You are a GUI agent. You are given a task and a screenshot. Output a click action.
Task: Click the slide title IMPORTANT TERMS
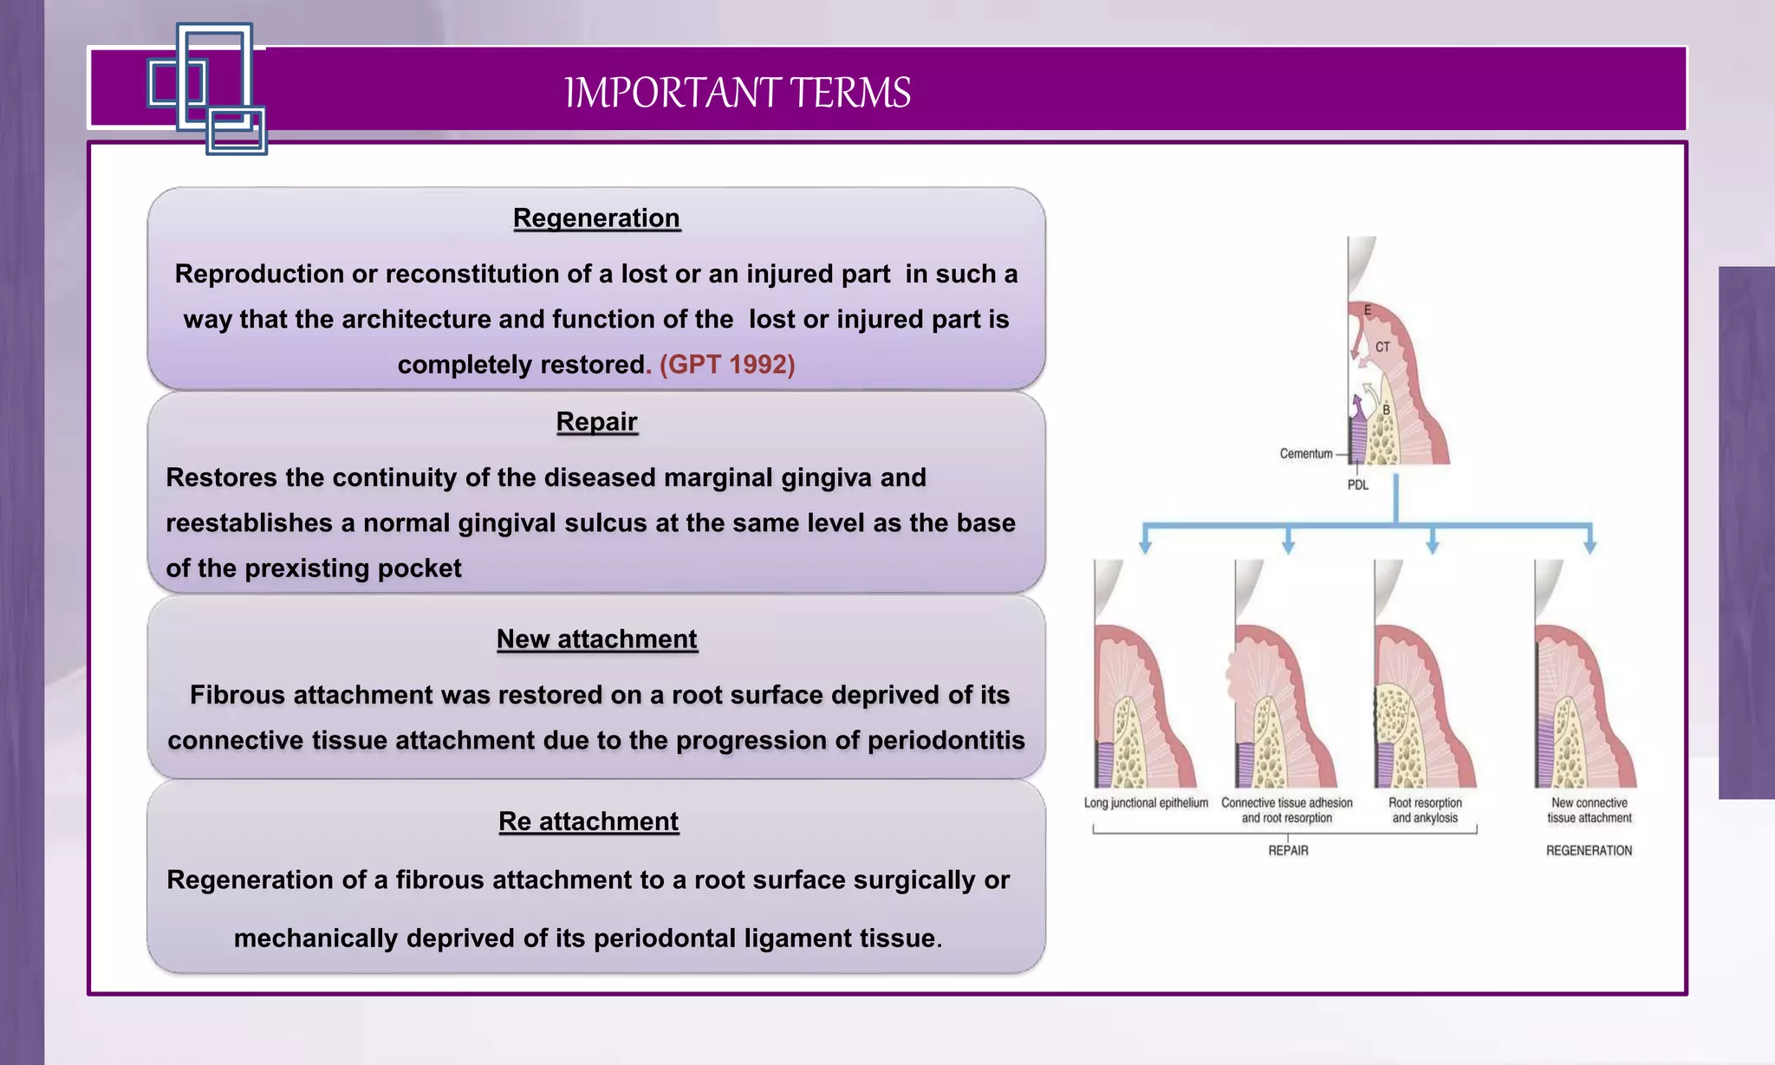point(738,93)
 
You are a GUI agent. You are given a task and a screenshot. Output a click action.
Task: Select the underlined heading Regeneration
point(596,218)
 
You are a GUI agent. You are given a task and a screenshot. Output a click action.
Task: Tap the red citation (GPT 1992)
point(727,365)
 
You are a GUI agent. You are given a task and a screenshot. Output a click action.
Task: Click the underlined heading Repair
point(596,422)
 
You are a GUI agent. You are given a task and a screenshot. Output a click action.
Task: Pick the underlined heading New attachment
point(596,640)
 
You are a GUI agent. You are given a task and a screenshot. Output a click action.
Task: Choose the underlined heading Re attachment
point(588,821)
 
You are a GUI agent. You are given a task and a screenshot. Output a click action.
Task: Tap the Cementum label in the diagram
point(1306,454)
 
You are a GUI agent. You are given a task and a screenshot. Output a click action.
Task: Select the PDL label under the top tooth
point(1358,485)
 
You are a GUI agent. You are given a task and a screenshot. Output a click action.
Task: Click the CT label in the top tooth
point(1382,347)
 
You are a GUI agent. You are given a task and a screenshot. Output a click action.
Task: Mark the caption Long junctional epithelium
point(1146,803)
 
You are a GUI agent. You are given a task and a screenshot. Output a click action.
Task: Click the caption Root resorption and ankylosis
point(1425,810)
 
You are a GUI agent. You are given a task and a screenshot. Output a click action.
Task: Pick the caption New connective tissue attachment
point(1589,810)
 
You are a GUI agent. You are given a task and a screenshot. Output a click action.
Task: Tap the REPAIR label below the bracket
point(1288,851)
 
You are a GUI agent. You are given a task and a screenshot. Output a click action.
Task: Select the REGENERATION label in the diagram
point(1589,851)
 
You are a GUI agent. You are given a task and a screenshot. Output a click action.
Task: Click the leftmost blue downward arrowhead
point(1145,546)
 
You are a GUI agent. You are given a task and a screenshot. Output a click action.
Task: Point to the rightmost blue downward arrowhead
point(1590,546)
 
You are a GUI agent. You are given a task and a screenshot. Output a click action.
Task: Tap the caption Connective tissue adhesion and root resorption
point(1286,810)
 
